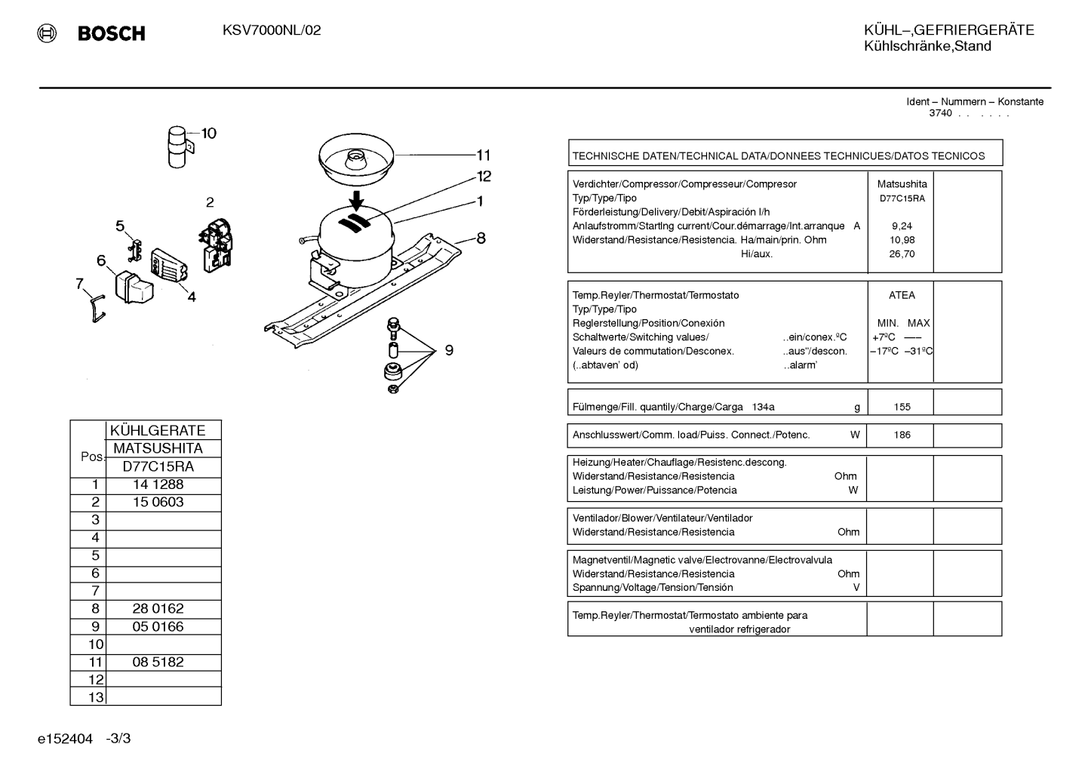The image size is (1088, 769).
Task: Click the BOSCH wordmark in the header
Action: [111, 33]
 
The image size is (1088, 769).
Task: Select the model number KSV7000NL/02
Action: [272, 30]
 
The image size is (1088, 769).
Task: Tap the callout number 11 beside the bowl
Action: [483, 155]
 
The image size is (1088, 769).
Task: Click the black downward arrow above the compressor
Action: [357, 201]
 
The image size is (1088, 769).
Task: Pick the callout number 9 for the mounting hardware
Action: [449, 349]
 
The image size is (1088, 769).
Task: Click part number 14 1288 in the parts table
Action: [158, 484]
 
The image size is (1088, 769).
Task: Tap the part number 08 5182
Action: [158, 662]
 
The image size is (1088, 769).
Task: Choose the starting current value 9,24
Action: [902, 226]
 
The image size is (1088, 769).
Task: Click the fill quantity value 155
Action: [902, 407]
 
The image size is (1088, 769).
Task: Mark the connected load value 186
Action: [902, 435]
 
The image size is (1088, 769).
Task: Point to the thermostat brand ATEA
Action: [902, 295]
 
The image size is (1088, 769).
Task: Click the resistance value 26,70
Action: [902, 254]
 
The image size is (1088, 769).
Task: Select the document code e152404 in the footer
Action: [65, 738]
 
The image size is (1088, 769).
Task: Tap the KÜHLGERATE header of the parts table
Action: [158, 430]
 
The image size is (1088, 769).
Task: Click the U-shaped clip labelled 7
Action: [98, 309]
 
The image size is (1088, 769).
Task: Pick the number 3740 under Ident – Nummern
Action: [940, 113]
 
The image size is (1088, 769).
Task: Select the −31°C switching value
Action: [918, 351]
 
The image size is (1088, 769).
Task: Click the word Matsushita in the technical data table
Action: [902, 184]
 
